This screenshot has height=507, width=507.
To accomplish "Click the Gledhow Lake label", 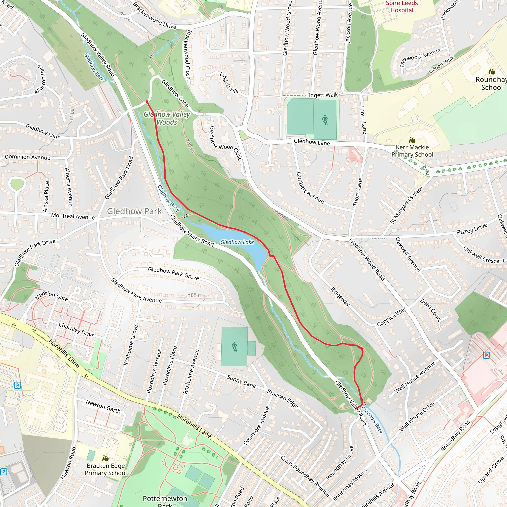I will (237, 242).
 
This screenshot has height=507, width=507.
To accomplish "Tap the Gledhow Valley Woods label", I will (167, 118).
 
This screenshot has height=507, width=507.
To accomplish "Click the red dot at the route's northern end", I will (147, 102).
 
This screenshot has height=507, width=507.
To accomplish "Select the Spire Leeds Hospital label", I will (402, 7).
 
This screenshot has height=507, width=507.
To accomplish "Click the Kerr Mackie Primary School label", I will (412, 151).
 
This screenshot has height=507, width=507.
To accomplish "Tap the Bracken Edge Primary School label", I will (106, 469).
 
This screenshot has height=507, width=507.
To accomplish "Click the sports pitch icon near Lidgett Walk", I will (325, 120).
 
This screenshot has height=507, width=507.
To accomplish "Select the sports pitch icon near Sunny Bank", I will (234, 347).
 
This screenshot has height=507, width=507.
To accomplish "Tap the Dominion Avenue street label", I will (27, 157).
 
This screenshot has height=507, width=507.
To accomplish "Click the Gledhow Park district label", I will (134, 211).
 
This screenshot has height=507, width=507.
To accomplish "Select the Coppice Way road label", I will (391, 317).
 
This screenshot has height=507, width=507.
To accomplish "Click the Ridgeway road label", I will (340, 297).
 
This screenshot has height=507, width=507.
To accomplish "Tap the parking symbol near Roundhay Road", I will (486, 355).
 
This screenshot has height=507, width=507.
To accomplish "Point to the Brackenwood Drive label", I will (154, 16).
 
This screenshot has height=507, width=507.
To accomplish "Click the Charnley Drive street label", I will (76, 330).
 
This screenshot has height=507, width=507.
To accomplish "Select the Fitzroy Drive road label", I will (471, 229).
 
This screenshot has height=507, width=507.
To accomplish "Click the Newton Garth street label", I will (103, 406).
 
